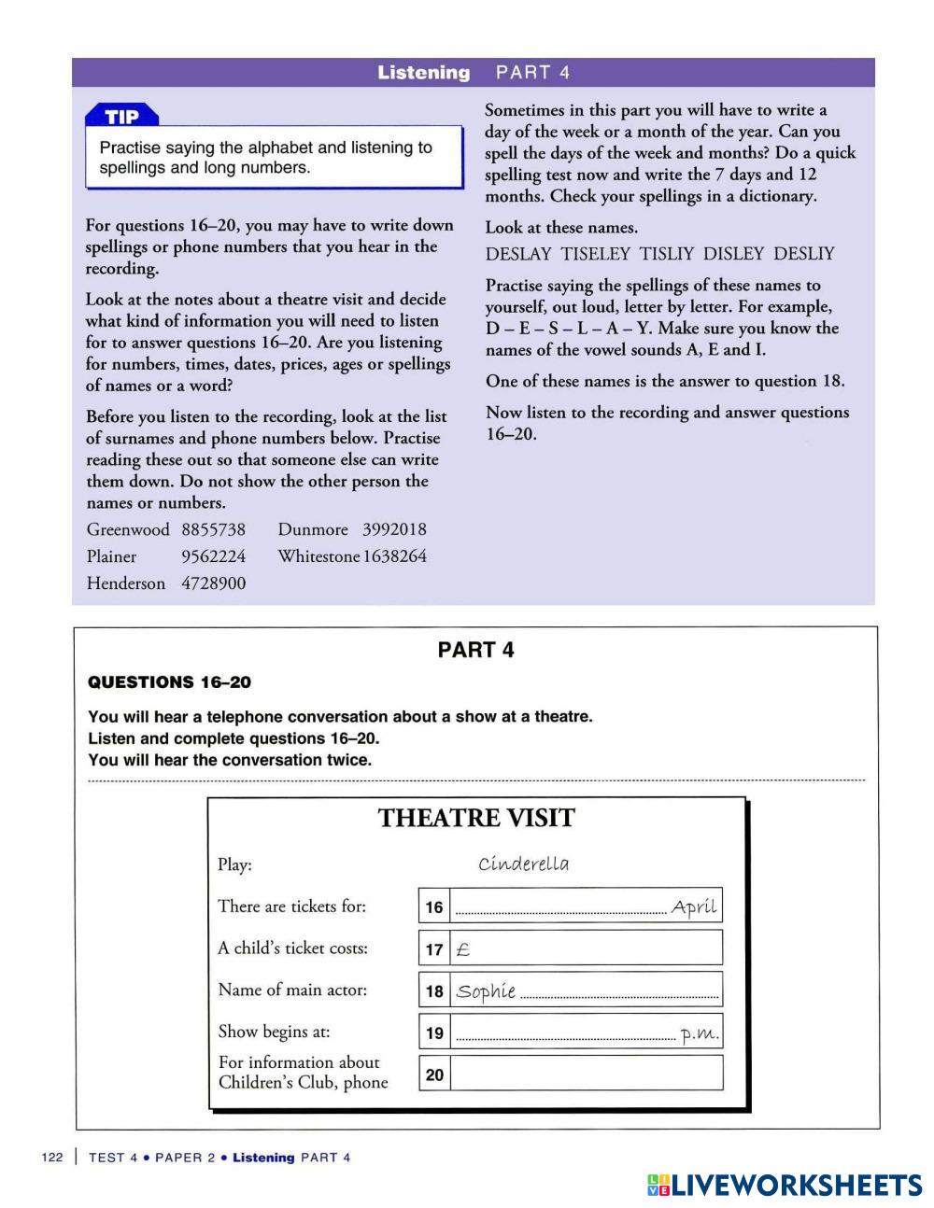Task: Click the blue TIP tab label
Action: click(x=121, y=117)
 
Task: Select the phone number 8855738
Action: click(x=213, y=529)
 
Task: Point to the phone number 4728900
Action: click(x=213, y=583)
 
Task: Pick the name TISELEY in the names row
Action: click(x=595, y=254)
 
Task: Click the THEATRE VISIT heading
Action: click(x=476, y=819)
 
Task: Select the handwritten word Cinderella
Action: click(x=523, y=864)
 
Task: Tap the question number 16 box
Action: click(x=434, y=906)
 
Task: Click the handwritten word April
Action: click(x=694, y=906)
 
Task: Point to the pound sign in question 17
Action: click(x=462, y=949)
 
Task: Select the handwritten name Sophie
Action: click(x=486, y=991)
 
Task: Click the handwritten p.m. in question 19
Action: click(x=700, y=1033)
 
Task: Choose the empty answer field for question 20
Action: click(x=586, y=1074)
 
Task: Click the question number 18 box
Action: click(x=434, y=990)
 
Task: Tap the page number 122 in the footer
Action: click(x=52, y=1158)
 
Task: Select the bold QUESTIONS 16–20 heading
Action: click(x=169, y=682)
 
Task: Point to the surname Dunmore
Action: click(x=313, y=529)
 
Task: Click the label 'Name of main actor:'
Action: click(x=292, y=990)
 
